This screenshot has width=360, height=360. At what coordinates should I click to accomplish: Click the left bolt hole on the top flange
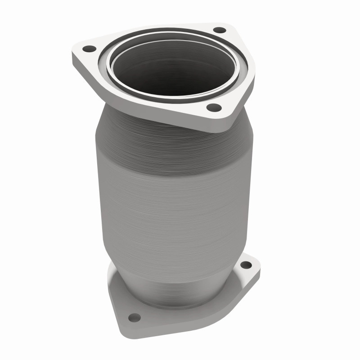[90, 48]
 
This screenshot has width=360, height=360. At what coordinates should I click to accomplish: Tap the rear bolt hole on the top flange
[219, 30]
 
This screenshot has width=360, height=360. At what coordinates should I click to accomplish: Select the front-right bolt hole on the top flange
[214, 108]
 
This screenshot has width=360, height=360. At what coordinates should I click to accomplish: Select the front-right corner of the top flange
[225, 115]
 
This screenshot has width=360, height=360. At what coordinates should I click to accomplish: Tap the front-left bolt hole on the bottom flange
[134, 317]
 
